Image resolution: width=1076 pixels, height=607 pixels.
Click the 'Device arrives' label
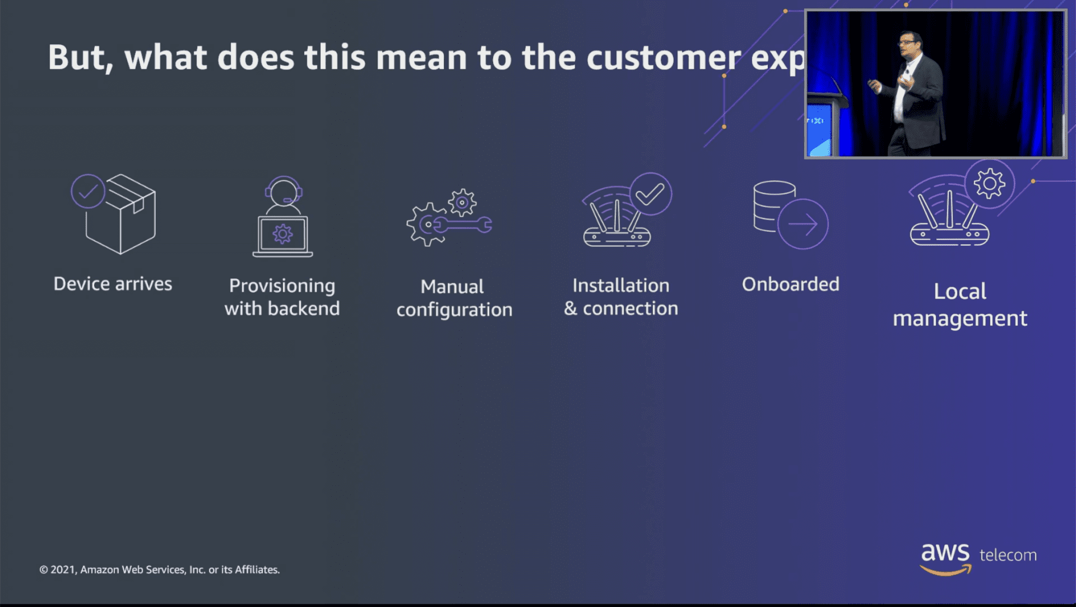tap(113, 284)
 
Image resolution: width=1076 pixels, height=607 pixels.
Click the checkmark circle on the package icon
tap(88, 192)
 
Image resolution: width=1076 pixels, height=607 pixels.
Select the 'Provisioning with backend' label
tap(282, 297)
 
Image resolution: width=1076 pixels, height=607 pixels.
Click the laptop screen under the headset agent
tap(282, 234)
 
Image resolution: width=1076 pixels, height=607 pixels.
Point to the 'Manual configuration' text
tap(454, 298)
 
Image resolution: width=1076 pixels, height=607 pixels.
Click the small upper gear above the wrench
tap(462, 203)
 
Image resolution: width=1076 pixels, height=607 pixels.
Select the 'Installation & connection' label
tap(621, 297)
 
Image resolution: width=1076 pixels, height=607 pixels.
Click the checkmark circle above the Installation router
tap(650, 194)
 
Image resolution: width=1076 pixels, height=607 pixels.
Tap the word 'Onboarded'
tap(790, 284)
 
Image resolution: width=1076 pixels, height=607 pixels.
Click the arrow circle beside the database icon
tap(803, 225)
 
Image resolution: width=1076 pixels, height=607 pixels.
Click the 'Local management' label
tap(959, 305)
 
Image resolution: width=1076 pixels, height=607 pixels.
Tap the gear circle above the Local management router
tap(989, 184)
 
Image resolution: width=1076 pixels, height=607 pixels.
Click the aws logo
tap(945, 558)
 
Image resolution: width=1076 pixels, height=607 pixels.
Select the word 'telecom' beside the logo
tap(1008, 555)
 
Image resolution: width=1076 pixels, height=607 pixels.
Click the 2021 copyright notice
tap(160, 569)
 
